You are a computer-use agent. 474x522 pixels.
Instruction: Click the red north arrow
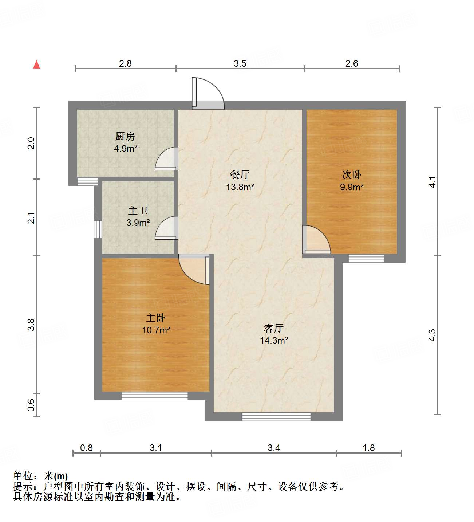click(36, 64)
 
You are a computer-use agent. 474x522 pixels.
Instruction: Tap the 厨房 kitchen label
click(125, 137)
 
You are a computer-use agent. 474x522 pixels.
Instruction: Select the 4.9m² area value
click(126, 148)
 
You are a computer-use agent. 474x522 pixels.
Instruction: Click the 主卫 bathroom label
click(138, 211)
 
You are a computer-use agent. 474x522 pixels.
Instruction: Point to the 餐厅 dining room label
click(240, 175)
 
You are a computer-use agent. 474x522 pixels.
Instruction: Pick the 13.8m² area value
click(240, 187)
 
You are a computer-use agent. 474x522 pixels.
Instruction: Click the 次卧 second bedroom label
click(352, 175)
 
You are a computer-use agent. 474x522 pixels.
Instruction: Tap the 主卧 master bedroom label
click(156, 318)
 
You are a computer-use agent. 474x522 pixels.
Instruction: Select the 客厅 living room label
click(274, 328)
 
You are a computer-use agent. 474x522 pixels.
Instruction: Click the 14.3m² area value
click(274, 340)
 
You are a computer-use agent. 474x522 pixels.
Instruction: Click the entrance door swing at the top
click(208, 93)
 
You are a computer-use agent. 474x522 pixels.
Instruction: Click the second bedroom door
click(315, 240)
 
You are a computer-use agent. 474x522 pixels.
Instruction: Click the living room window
click(276, 416)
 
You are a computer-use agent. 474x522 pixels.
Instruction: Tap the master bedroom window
click(154, 396)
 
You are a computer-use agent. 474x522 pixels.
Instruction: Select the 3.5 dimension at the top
click(240, 63)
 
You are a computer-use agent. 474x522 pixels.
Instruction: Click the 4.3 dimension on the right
click(432, 335)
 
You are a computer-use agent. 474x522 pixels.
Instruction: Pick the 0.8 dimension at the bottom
click(86, 448)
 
